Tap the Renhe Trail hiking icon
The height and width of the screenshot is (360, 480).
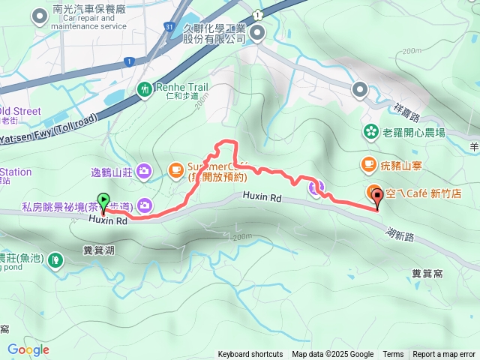pyautogui.click(x=145, y=89)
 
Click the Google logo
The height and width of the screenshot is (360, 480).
pyautogui.click(x=28, y=349)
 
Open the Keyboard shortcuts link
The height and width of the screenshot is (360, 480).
pyautogui.click(x=250, y=355)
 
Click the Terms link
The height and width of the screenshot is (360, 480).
pyautogui.click(x=393, y=355)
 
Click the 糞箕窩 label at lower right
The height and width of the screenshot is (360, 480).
pyautogui.click(x=426, y=274)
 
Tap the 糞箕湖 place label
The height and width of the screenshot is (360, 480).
pyautogui.click(x=100, y=250)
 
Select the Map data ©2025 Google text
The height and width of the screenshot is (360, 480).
pyautogui.click(x=333, y=355)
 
